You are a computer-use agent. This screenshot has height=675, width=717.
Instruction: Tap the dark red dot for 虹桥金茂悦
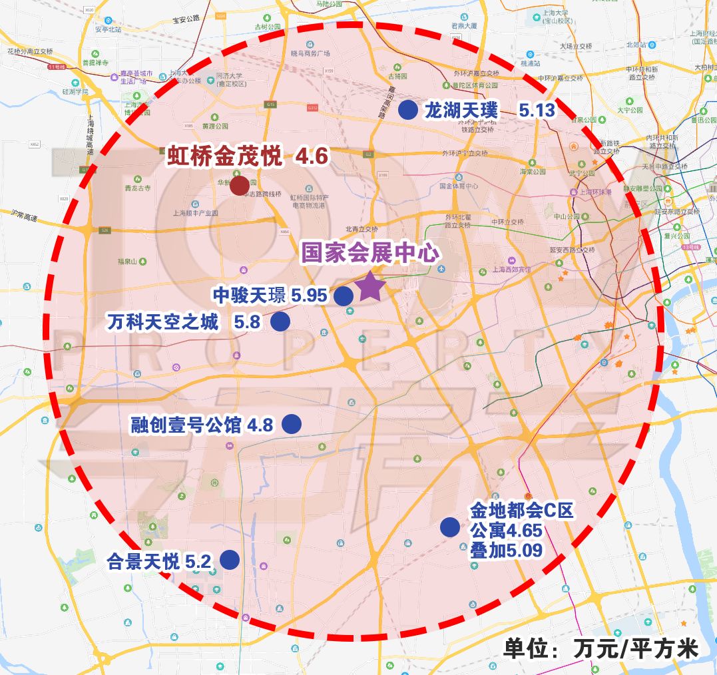tap(239, 186)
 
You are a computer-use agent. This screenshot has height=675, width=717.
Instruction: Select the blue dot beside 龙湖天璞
tap(407, 110)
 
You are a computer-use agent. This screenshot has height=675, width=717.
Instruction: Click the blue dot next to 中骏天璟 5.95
tap(343, 296)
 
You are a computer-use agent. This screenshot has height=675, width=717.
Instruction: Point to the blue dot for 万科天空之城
tap(280, 322)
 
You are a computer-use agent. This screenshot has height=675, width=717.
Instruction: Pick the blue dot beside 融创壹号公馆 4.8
tap(292, 424)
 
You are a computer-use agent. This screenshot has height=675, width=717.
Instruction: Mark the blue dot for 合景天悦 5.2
tap(230, 560)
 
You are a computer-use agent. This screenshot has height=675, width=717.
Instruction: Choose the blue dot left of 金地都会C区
tap(449, 527)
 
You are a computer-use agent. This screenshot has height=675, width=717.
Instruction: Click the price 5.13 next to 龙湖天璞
tap(537, 111)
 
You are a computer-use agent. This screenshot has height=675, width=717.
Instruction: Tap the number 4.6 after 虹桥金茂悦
tap(312, 156)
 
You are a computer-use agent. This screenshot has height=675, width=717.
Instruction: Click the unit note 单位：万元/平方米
tap(600, 648)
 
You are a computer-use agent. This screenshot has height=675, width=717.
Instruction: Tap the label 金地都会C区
tap(521, 511)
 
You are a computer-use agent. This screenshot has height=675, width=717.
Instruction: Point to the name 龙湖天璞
tap(461, 111)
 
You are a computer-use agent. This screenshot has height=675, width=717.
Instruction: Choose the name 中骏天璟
tap(249, 295)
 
